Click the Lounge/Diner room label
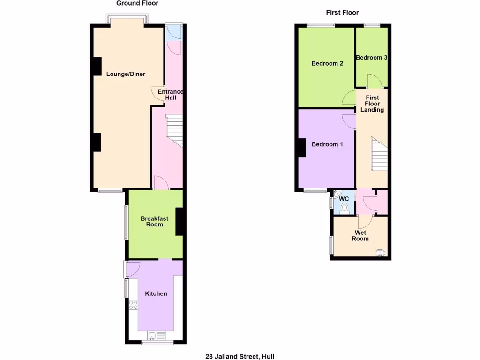(x=126, y=74)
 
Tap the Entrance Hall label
(x=170, y=94)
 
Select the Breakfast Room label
(x=154, y=221)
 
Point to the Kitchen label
(x=156, y=294)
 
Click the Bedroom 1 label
(x=327, y=144)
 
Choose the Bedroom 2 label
(x=327, y=63)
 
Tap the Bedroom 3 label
(x=371, y=58)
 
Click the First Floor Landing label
(x=372, y=104)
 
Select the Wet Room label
(x=360, y=235)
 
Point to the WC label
(x=345, y=199)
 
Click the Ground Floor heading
(x=137, y=3)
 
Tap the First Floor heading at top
(x=342, y=13)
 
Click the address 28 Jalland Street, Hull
(x=240, y=356)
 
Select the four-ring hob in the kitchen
(x=134, y=305)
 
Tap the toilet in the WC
(x=345, y=208)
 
